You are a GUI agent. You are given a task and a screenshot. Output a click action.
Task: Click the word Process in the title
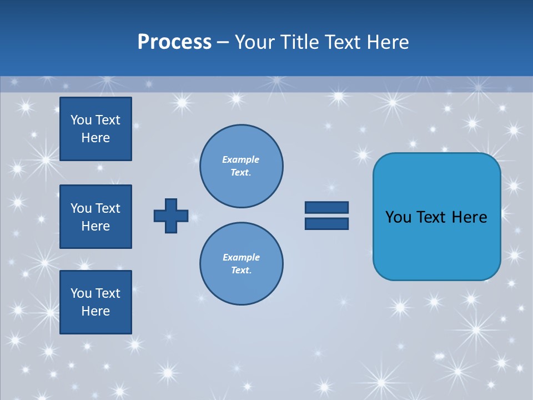coord(174,42)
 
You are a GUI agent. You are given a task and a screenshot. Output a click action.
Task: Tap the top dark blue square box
coord(95,129)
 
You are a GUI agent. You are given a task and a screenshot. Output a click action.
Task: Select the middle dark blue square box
coord(95,217)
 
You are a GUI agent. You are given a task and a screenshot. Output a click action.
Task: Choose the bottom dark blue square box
coord(95,302)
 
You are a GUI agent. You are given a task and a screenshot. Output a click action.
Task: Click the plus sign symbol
coord(171,216)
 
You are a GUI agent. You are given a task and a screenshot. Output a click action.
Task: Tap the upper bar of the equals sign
coord(326,208)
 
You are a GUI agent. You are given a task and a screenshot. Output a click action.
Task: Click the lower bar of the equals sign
coord(326,223)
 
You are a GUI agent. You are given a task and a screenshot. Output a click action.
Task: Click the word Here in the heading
coord(387,42)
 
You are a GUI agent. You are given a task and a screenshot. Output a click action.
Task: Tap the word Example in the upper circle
coord(240,159)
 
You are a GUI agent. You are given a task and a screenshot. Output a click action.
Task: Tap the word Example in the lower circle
coord(241,257)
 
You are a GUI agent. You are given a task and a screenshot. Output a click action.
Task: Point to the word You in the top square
coord(81,120)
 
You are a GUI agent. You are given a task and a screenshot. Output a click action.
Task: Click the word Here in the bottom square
coord(95,312)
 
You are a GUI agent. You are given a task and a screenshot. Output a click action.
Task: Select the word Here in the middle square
coord(95,226)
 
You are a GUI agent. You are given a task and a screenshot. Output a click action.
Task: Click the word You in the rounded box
coord(398,217)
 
